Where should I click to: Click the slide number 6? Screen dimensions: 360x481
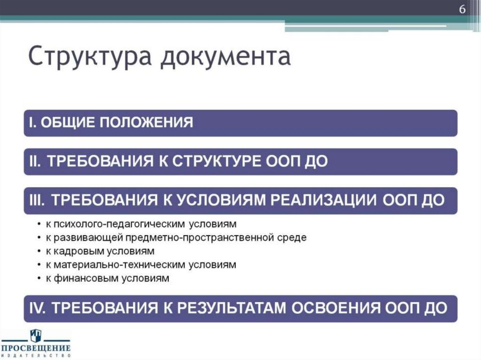[462, 10]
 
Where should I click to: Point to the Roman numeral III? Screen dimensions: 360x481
[36, 200]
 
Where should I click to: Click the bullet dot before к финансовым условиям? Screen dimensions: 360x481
[38, 279]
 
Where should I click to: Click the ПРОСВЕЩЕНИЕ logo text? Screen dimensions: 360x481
[36, 348]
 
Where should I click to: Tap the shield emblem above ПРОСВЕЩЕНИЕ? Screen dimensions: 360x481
[36, 336]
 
